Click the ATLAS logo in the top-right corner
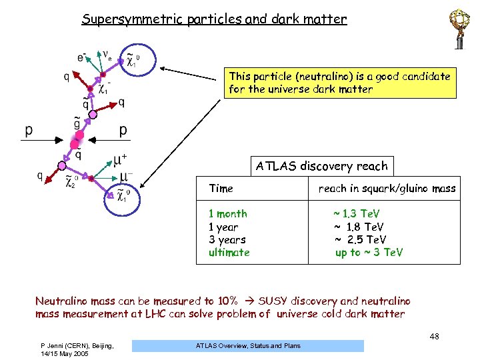pos(459,27)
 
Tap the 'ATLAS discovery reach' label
pos(321,166)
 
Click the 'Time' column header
pos(221,189)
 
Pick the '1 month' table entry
pos(228,214)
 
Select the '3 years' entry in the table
pos(227,239)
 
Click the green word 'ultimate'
pos(229,253)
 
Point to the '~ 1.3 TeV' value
pos(357,214)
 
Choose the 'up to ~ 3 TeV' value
pos(369,253)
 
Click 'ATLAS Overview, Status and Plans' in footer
pos(248,346)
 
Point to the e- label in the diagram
pos(81,58)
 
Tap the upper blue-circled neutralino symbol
pos(131,61)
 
